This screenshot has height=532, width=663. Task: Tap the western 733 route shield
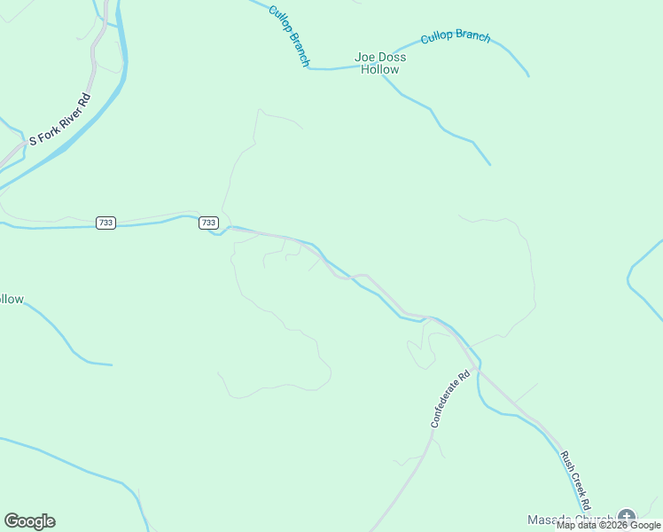[x=105, y=223]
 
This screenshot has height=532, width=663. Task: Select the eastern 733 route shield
[x=207, y=223]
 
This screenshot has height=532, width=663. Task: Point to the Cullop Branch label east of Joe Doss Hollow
[x=455, y=36]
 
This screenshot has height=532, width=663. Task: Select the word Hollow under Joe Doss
[x=379, y=70]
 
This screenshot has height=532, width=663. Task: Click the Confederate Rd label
[x=448, y=400]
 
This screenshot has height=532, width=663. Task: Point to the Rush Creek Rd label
[x=574, y=479]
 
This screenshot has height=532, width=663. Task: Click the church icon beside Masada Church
[x=627, y=517]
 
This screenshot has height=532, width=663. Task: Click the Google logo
[x=29, y=521]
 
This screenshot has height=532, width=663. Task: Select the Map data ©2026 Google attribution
[x=608, y=526]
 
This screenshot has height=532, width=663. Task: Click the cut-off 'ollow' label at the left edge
[x=11, y=300]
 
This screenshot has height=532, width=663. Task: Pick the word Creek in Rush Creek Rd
[x=575, y=480]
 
